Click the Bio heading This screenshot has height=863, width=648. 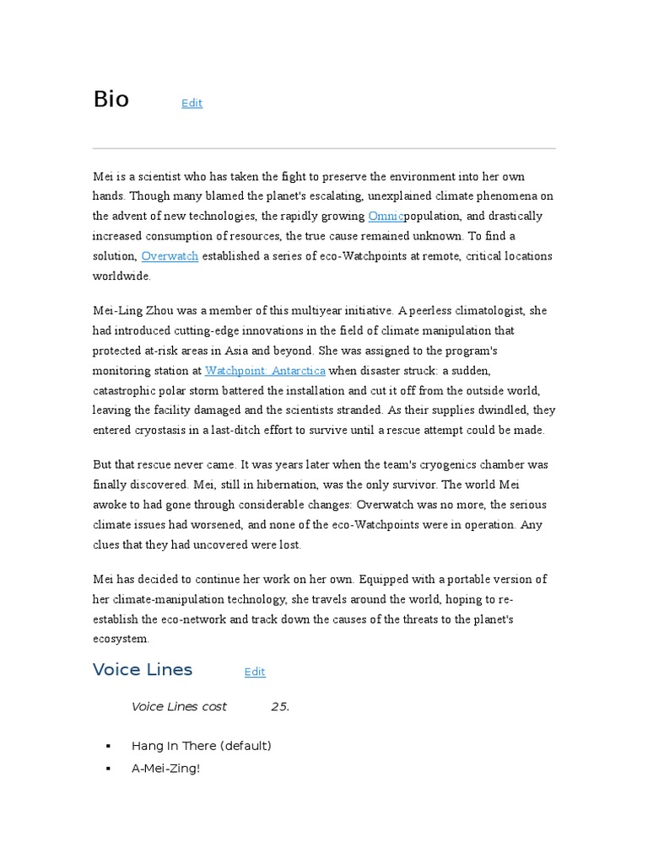click(x=111, y=99)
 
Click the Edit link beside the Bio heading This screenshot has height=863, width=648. click(x=192, y=103)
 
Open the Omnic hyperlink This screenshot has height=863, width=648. click(x=386, y=216)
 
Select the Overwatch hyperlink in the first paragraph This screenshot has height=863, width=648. click(x=170, y=255)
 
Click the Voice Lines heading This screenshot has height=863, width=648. click(x=142, y=669)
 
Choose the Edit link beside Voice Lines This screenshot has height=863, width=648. click(x=255, y=672)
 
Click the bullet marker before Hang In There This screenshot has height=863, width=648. click(x=109, y=747)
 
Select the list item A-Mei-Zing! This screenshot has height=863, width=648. click(x=165, y=769)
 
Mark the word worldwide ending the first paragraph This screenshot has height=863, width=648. click(x=121, y=276)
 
